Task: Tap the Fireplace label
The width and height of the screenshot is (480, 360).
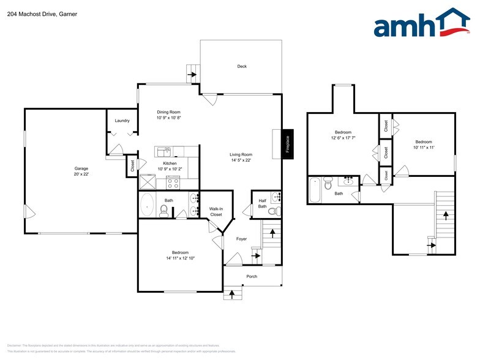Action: (x=287, y=144)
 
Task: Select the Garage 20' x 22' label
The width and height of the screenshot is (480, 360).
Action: (x=81, y=171)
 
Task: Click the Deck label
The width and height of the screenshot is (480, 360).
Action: (x=242, y=66)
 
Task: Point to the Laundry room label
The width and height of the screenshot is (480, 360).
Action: (x=122, y=121)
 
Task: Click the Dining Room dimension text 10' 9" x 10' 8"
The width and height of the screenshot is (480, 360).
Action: (x=168, y=118)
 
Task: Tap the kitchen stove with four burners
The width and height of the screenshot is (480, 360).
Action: (x=173, y=182)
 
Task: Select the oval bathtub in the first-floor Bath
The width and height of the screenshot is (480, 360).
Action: (x=148, y=204)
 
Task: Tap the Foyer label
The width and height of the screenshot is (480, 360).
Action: (x=241, y=239)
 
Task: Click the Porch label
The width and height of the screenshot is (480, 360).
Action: (x=252, y=276)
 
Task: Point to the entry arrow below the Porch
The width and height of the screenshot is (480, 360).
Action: (x=232, y=294)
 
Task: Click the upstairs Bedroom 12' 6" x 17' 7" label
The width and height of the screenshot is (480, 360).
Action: (x=342, y=135)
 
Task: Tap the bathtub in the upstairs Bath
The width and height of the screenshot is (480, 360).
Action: (x=315, y=190)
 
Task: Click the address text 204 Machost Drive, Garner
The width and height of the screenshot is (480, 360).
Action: (x=39, y=13)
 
